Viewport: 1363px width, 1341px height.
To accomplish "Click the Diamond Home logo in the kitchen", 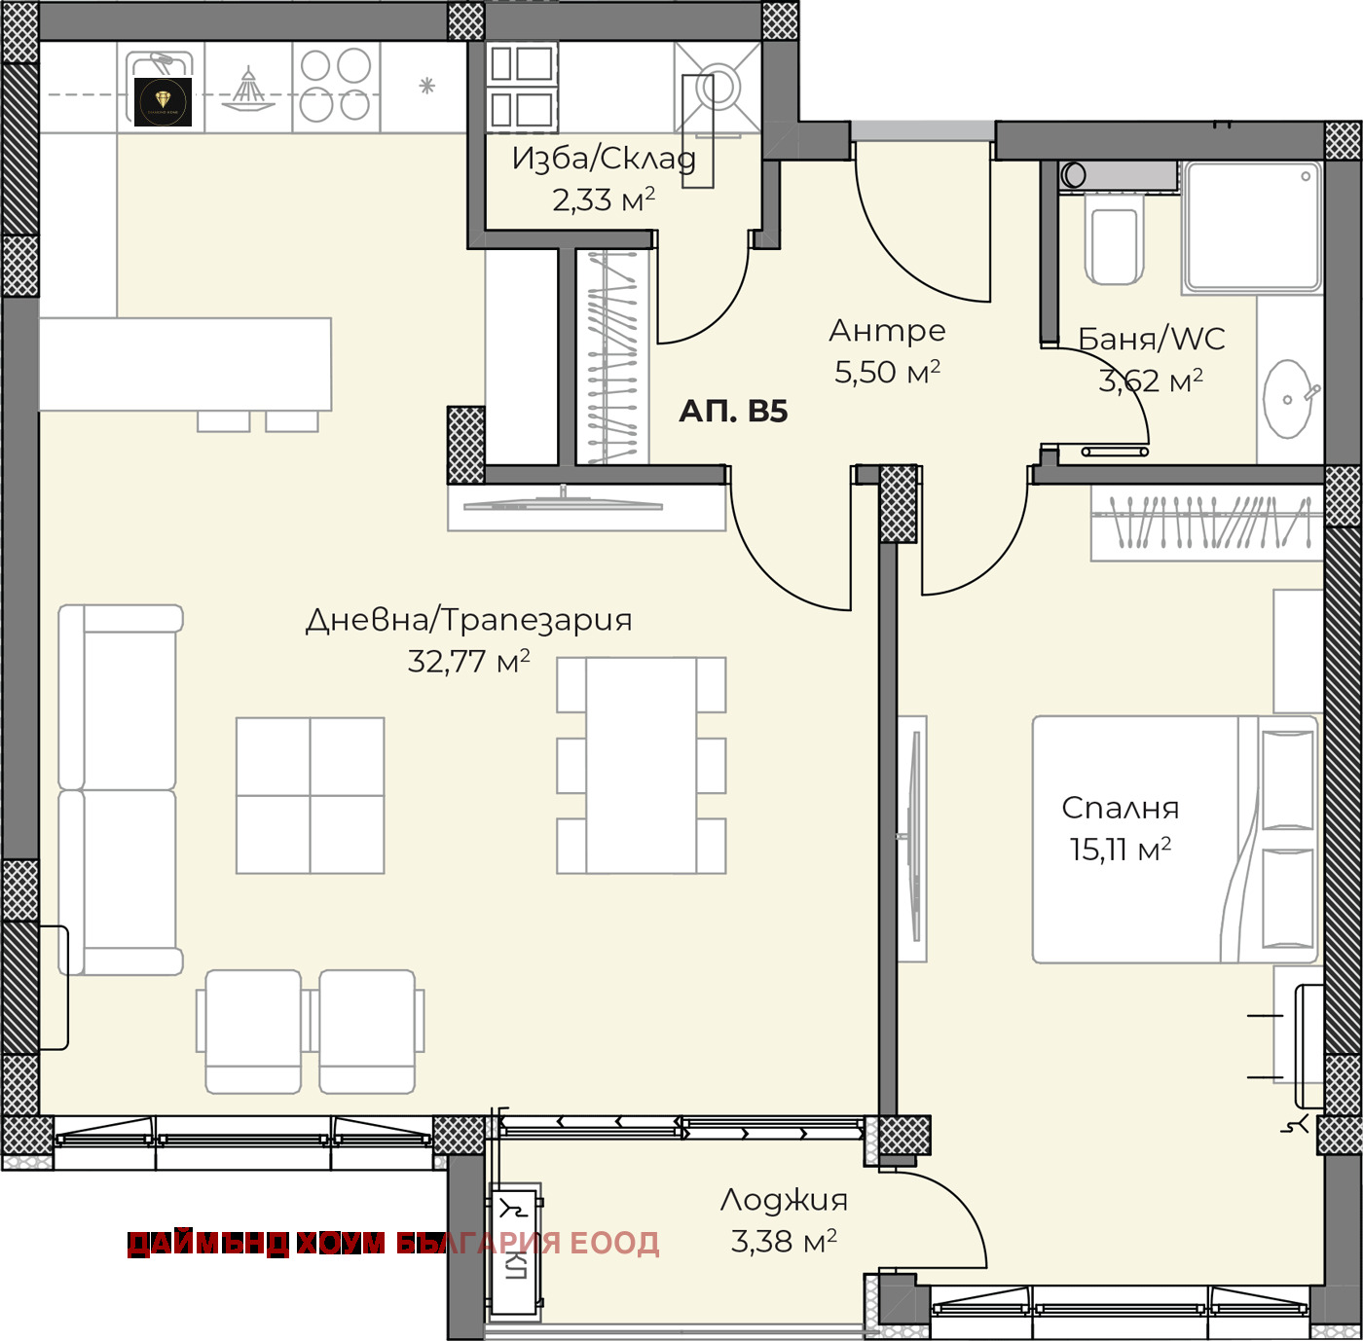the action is click(x=163, y=102).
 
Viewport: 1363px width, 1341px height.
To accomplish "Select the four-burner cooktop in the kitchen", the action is click(x=336, y=86).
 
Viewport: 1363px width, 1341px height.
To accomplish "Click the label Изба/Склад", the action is click(x=604, y=159).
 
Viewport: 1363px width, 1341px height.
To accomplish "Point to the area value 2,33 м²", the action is click(x=604, y=200).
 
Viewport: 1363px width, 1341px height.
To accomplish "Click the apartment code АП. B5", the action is click(x=733, y=411).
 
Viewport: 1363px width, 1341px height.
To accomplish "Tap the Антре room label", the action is click(x=887, y=330).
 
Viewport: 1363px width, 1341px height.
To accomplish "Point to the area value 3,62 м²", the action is click(x=1150, y=381).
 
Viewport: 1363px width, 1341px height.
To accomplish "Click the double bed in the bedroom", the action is click(x=1174, y=840).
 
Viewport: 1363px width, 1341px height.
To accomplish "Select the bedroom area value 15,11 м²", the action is click(x=1120, y=850).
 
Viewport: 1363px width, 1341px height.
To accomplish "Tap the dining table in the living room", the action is click(x=641, y=765).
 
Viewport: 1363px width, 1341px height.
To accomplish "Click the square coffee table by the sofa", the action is click(x=310, y=796).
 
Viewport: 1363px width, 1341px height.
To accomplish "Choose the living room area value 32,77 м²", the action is click(x=468, y=662).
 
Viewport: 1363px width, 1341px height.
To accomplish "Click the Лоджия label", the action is click(x=784, y=1200).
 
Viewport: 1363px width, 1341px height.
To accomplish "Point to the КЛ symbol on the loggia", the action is click(x=514, y=1267).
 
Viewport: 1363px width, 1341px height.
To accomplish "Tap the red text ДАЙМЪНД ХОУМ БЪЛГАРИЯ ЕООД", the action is click(x=393, y=1244).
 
